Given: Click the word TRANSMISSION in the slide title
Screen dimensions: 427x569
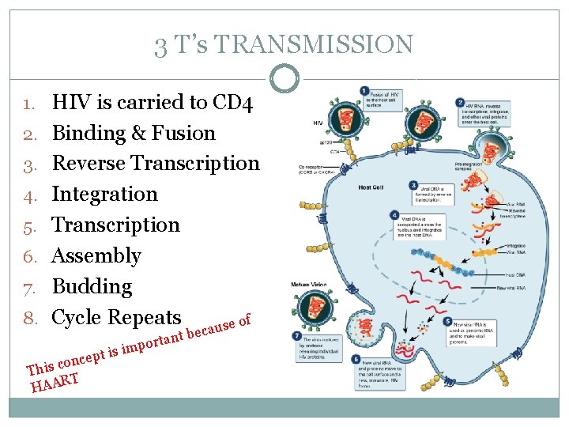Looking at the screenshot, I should pos(314,44).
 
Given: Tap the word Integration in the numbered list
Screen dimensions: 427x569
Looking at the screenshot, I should pos(104,194).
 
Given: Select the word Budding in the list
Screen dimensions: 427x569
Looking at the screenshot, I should pos(92,286).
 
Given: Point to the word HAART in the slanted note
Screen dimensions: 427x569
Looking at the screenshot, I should pos(55,383).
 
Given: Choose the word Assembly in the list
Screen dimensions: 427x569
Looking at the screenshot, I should pos(96,255).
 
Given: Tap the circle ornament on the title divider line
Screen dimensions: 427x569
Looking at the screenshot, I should pos(284,77).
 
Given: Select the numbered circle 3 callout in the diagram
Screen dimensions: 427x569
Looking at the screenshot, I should pos(413,185).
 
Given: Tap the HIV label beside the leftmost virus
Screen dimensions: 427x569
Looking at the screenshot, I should pos(318,123).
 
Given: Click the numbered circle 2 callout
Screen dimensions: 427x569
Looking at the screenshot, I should pos(460,103).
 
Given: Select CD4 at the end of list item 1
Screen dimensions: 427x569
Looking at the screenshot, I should pos(234,102).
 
